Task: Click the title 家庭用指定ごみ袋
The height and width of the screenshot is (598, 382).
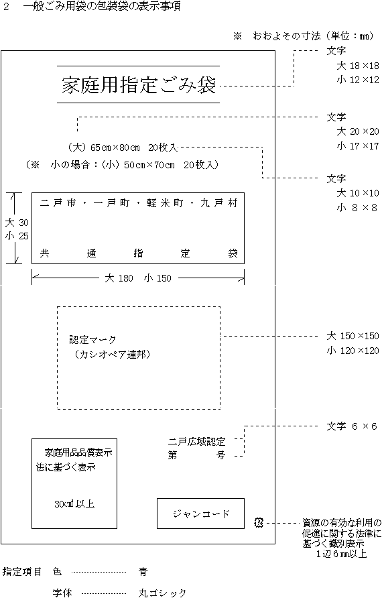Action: pos(139,84)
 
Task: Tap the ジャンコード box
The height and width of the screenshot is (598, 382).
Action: pos(200,514)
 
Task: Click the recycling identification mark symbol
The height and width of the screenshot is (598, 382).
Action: pos(259,523)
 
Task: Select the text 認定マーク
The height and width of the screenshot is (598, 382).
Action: pos(92,339)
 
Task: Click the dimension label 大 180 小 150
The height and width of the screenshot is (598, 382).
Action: pos(138,278)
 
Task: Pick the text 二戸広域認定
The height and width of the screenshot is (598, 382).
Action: pos(197,442)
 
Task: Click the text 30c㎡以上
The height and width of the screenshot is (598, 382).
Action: pos(74,503)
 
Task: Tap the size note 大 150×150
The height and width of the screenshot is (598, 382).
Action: pos(353,336)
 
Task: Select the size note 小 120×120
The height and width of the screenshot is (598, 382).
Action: pos(353,351)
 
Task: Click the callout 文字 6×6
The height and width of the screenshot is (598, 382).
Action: pos(351,426)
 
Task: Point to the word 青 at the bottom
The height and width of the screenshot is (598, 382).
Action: pos(143,571)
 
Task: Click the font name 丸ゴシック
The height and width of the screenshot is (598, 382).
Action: pos(162,593)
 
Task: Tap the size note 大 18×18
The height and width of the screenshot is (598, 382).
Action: pos(358,66)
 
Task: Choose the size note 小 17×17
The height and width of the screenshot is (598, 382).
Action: pos(358,146)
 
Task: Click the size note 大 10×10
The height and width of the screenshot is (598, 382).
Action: pos(358,193)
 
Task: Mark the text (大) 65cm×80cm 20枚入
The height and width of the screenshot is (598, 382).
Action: pos(122,147)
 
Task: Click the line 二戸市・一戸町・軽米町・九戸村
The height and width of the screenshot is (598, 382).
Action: pos(138,203)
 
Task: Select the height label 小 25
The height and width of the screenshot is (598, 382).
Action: pos(17,236)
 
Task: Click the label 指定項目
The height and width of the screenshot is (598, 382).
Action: pos(21,571)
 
